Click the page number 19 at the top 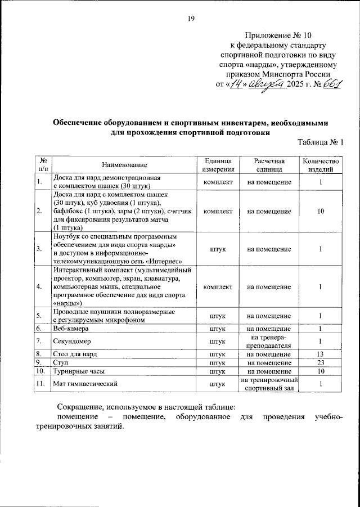pos(191,20)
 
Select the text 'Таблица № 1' pos(320,142)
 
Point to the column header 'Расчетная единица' pos(269,164)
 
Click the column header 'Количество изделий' pos(320,164)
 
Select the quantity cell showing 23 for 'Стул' pos(320,363)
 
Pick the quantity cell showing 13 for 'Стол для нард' pos(320,354)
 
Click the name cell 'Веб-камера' pos(70,328)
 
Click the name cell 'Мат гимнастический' pos(84,384)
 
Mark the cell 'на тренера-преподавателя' pos(269,341)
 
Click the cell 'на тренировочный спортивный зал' pos(269,384)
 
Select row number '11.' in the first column pos(40,384)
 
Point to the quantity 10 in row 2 pos(320,211)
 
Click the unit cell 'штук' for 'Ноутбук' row pos(217,249)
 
